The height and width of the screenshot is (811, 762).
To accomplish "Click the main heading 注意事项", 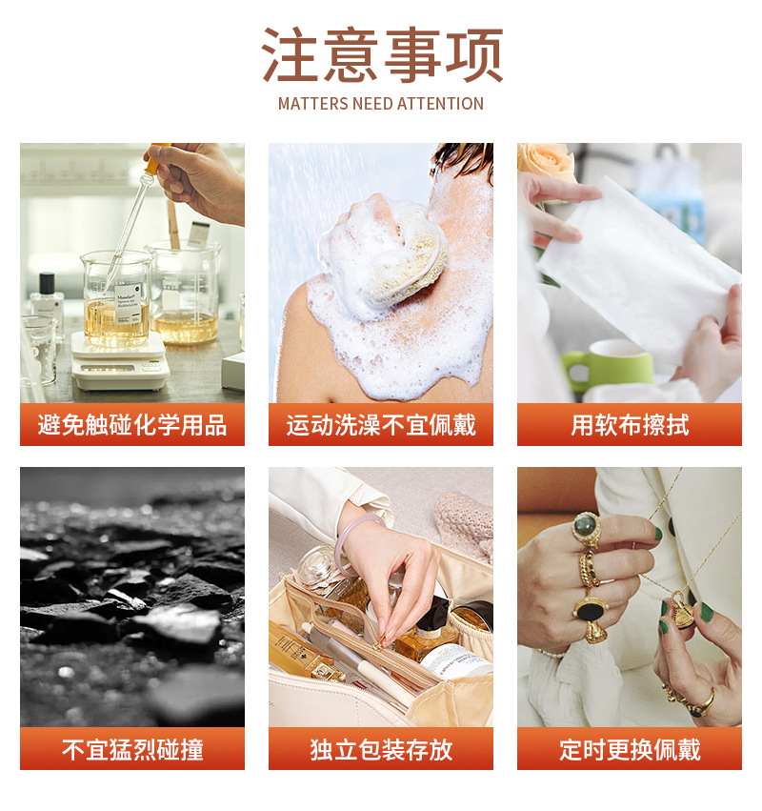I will pyautogui.click(x=382, y=55).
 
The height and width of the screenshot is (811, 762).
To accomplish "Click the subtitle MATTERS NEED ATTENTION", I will pyautogui.click(x=381, y=104).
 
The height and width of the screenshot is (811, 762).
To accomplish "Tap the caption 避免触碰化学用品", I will pyautogui.click(x=132, y=425).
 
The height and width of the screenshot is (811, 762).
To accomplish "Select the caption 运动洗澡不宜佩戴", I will pyautogui.click(x=381, y=425).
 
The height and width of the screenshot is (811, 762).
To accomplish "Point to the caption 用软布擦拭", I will pyautogui.click(x=630, y=425).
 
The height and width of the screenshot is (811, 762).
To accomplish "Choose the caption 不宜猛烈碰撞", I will pyautogui.click(x=132, y=749).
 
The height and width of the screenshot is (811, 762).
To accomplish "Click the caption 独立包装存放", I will pyautogui.click(x=381, y=749).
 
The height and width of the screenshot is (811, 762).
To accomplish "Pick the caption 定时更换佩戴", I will pyautogui.click(x=630, y=749).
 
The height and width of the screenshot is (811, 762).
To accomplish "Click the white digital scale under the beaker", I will pyautogui.click(x=119, y=362).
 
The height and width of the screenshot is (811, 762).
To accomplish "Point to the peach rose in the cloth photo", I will pyautogui.click(x=547, y=162).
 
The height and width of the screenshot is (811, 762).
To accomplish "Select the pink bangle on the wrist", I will pyautogui.click(x=354, y=543).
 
